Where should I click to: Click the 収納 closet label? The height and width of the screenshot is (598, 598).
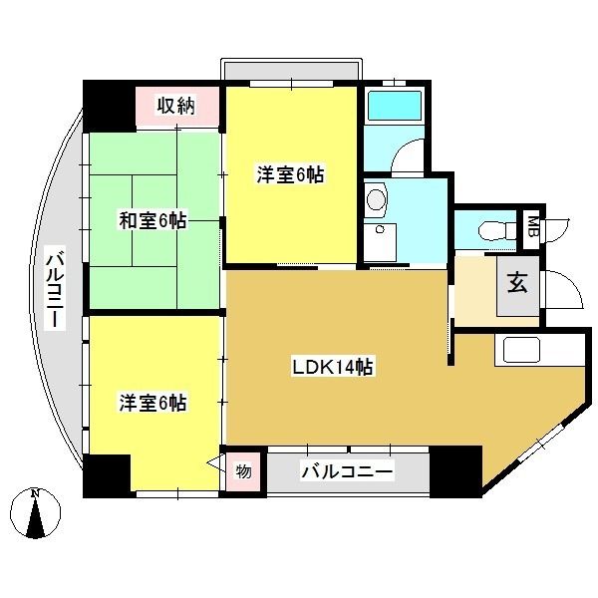(x=176, y=106)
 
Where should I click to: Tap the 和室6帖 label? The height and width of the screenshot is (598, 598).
(x=152, y=220)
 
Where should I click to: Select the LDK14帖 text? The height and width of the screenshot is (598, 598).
(x=332, y=367)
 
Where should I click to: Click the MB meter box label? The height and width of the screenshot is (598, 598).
(x=533, y=226)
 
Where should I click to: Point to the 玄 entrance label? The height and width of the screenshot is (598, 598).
(x=518, y=283)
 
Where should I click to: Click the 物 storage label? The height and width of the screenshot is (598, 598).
(x=243, y=471)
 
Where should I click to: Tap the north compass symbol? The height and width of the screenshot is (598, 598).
(x=36, y=512)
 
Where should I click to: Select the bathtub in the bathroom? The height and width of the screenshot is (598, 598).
(x=395, y=106)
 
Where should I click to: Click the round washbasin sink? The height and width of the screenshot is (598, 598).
(x=377, y=198)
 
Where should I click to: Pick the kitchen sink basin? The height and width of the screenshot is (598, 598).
(x=521, y=350)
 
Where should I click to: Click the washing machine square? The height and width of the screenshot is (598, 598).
(x=380, y=243)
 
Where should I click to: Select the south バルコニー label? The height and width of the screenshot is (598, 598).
(x=347, y=472)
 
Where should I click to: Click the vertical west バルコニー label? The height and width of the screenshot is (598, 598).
(x=54, y=288)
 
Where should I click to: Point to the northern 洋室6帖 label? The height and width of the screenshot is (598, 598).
(x=290, y=175)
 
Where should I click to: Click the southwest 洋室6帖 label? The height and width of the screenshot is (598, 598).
(x=152, y=403)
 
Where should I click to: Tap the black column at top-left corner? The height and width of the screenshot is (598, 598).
(x=109, y=106)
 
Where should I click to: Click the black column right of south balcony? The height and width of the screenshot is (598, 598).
(x=455, y=471)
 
